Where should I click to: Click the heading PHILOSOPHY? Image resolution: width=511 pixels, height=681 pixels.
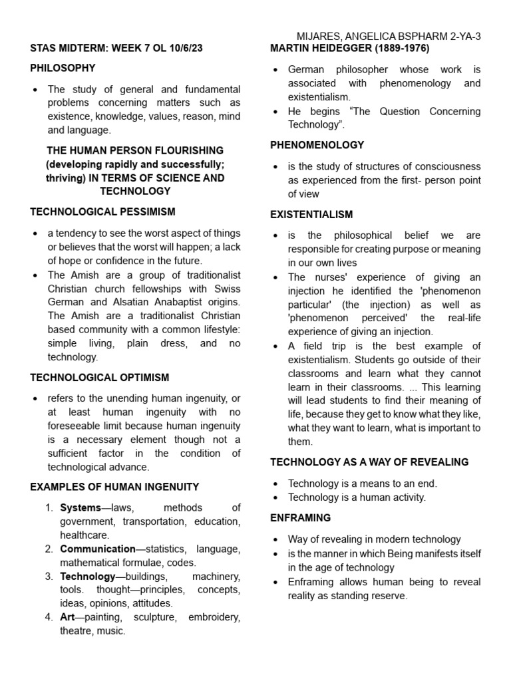coord(63,68)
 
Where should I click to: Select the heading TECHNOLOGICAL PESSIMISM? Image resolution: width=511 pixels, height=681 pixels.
coord(102,212)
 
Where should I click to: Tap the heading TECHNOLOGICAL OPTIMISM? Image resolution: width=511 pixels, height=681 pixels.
coord(100,377)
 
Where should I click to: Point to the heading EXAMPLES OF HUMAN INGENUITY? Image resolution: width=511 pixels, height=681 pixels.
coord(114,487)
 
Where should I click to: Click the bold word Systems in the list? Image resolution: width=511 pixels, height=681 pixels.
coord(80,508)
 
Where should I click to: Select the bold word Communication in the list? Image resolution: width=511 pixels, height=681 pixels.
coord(98,549)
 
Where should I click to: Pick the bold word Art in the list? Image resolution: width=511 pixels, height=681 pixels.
coord(67,617)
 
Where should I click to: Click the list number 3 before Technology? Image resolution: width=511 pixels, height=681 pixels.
coord(49,577)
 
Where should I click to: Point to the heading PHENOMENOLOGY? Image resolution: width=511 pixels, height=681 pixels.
coord(317,145)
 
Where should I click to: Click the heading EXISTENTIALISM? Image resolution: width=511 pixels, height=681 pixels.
coord(311,215)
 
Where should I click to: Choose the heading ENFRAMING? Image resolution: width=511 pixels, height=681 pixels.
coord(300,517)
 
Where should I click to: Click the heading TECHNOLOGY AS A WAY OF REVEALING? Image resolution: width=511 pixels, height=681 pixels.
coord(369,462)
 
